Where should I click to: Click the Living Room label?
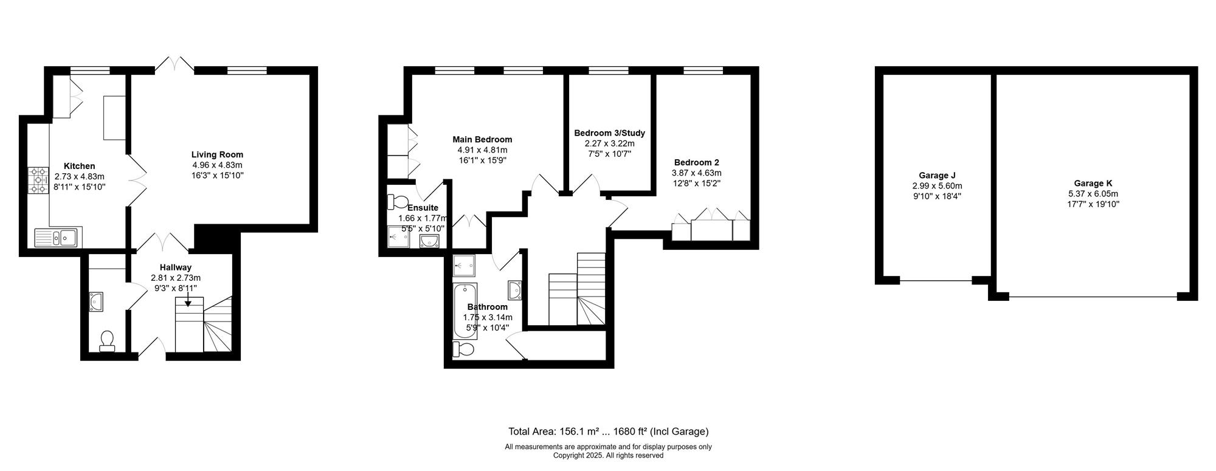(217, 154)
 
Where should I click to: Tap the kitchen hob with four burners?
(38, 181)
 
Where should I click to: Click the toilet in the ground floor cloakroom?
(108, 341)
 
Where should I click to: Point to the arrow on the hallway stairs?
(188, 300)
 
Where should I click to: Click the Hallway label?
(176, 267)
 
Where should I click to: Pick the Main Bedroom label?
(482, 140)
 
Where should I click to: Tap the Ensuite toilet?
(399, 201)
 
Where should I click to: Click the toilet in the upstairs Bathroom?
(463, 349)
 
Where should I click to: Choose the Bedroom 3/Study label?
(609, 133)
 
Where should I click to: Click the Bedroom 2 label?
(697, 163)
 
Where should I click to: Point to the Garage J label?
(937, 176)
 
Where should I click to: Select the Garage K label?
(1093, 184)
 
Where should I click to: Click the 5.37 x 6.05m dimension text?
(1093, 194)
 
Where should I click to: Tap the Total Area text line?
(609, 432)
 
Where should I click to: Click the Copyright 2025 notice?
(608, 455)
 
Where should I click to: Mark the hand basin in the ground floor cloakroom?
(97, 301)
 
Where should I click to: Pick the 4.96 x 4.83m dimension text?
(217, 165)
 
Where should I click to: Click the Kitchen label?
(80, 166)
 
